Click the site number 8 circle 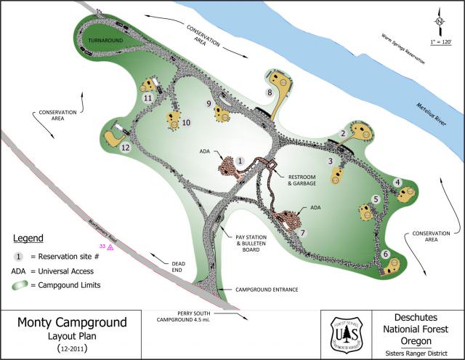(x=270, y=92)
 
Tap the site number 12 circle (x=126, y=148)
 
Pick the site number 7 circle (x=304, y=233)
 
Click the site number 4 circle (x=397, y=182)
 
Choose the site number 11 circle (x=147, y=97)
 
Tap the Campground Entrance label (x=267, y=289)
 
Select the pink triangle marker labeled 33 (x=111, y=247)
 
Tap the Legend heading (x=28, y=239)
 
